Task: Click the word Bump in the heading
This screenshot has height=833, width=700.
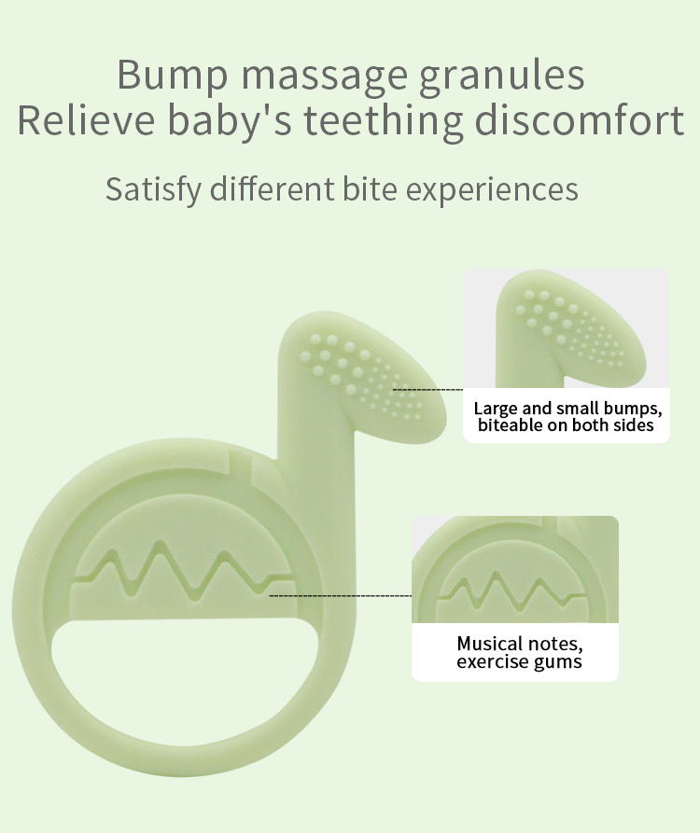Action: (x=173, y=76)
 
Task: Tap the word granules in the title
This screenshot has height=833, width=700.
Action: (x=502, y=76)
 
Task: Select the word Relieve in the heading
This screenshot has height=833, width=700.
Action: (x=86, y=120)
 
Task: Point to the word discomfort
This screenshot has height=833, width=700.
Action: (x=580, y=120)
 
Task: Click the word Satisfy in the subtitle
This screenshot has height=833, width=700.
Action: (x=154, y=189)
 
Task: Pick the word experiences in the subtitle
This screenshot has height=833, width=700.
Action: (x=492, y=190)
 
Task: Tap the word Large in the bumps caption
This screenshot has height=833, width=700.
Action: (x=496, y=410)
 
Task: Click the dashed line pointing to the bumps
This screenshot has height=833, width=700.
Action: (x=427, y=390)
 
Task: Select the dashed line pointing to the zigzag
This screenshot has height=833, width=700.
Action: (x=341, y=596)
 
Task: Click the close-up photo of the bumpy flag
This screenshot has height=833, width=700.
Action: (x=566, y=328)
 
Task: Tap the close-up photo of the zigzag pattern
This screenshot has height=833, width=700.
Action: (x=515, y=570)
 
